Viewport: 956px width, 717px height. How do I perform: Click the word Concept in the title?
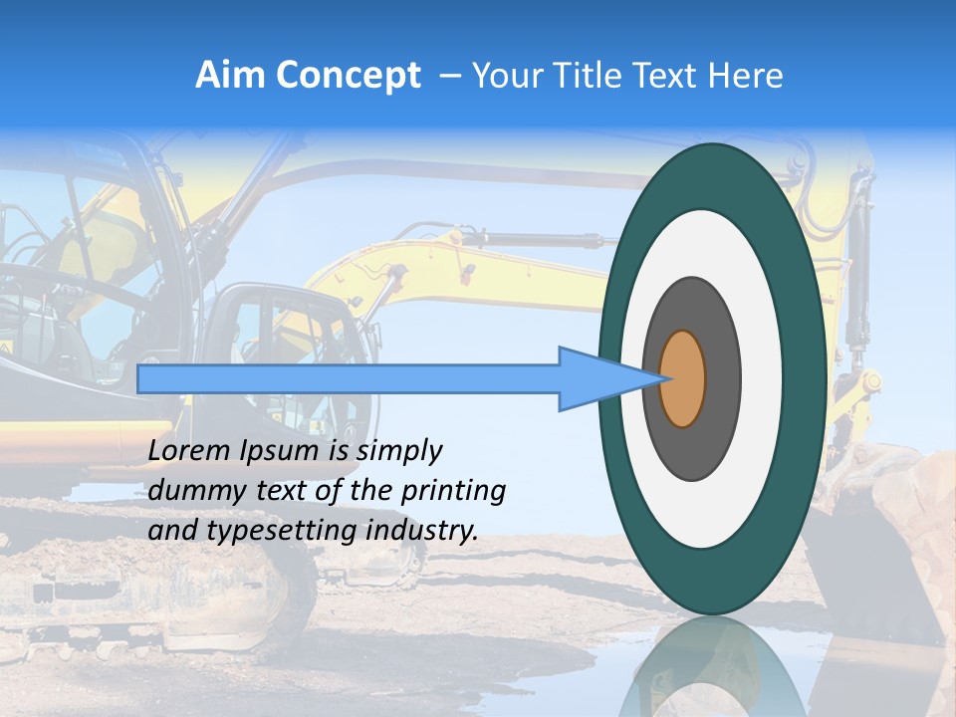pos(348,76)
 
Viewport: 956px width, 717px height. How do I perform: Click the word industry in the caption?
pos(423,531)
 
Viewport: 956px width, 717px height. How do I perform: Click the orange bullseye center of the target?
pos(683,378)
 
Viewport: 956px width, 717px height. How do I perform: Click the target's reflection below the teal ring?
pos(712,667)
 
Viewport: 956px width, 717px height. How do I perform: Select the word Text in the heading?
pos(663,76)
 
